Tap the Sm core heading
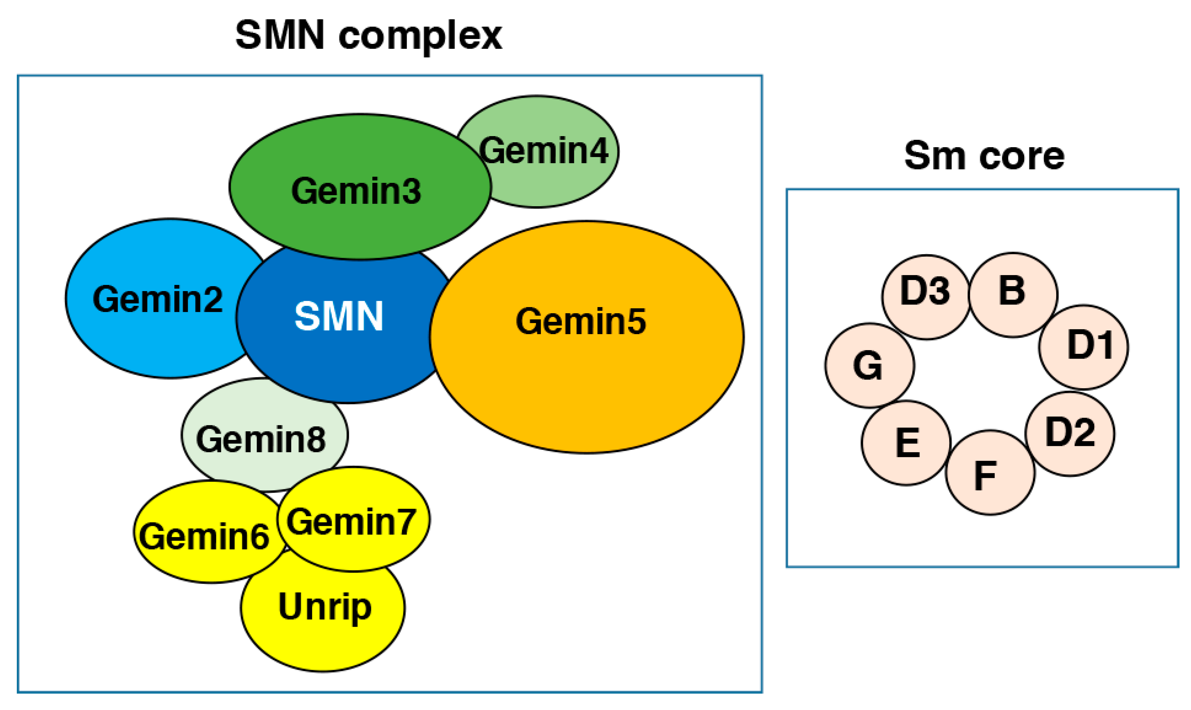click(984, 156)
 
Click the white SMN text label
click(339, 316)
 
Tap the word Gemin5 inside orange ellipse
click(581, 321)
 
